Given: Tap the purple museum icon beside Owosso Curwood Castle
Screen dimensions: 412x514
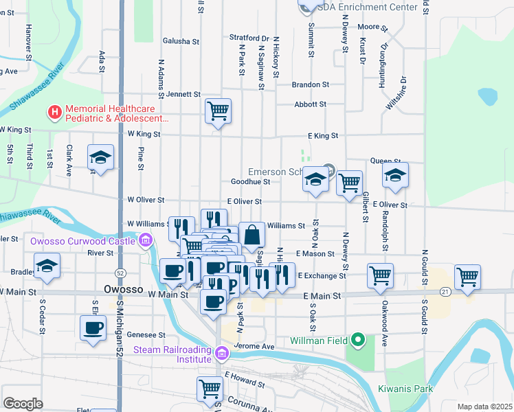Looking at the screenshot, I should point(145,240).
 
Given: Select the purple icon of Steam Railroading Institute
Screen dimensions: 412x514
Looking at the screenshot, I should point(221,354).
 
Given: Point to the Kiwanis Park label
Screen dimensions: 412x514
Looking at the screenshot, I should point(405,389).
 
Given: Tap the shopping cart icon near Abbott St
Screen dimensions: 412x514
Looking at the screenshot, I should point(218,110).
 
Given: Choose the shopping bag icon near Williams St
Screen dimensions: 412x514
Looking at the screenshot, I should point(252,234).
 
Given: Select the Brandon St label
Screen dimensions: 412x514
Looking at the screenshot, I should point(310,84).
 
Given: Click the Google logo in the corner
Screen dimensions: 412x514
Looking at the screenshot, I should point(23,403).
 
